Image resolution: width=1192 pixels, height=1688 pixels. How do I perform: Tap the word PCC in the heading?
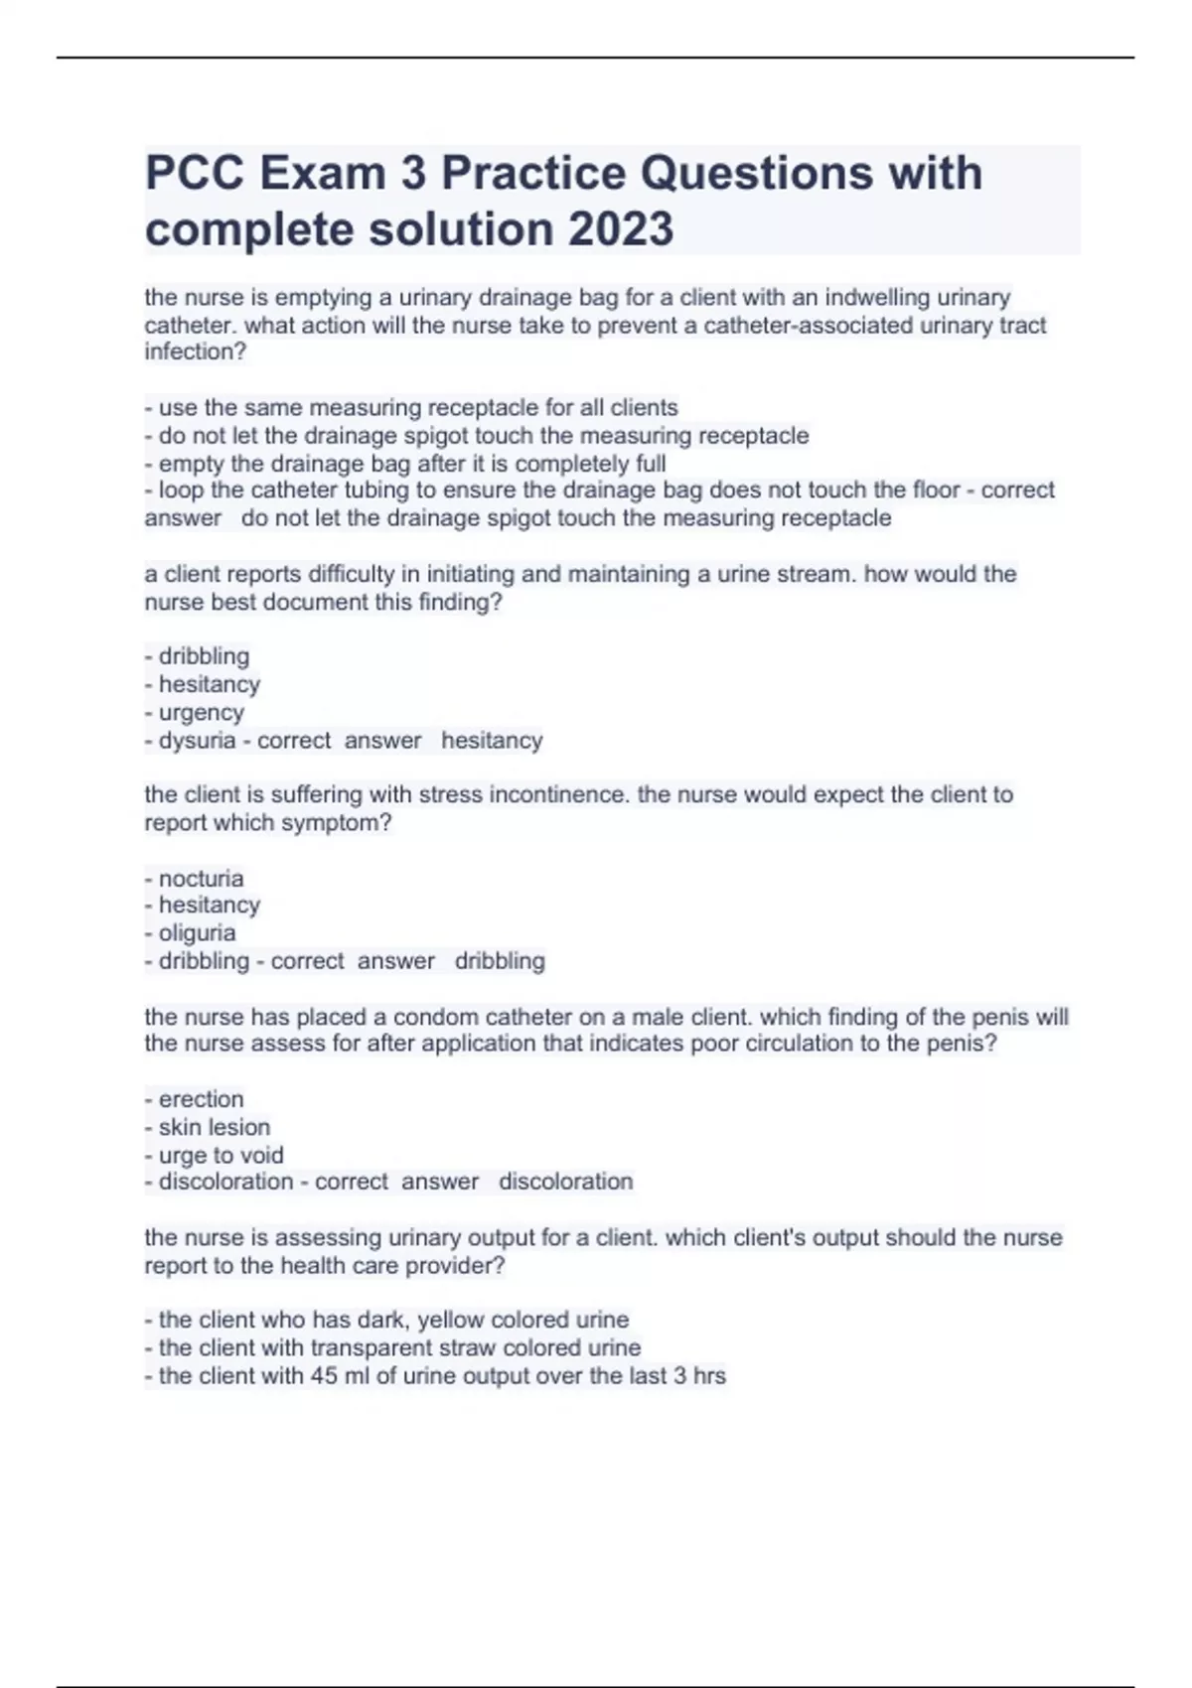click(196, 173)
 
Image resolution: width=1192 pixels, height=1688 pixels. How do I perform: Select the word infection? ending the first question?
click(195, 352)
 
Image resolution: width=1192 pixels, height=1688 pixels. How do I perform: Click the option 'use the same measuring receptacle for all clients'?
click(411, 407)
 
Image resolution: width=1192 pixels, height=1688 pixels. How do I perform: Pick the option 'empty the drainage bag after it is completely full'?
click(405, 464)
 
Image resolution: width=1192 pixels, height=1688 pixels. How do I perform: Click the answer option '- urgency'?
click(195, 712)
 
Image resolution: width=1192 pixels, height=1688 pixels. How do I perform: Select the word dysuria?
click(197, 740)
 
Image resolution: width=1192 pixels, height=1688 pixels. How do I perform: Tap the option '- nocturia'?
click(195, 878)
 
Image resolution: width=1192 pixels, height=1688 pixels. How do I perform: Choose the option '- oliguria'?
click(191, 932)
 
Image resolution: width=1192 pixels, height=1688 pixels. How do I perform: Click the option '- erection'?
click(195, 1099)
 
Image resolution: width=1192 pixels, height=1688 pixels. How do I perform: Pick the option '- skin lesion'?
click(208, 1127)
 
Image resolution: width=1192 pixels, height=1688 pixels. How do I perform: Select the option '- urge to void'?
click(215, 1155)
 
